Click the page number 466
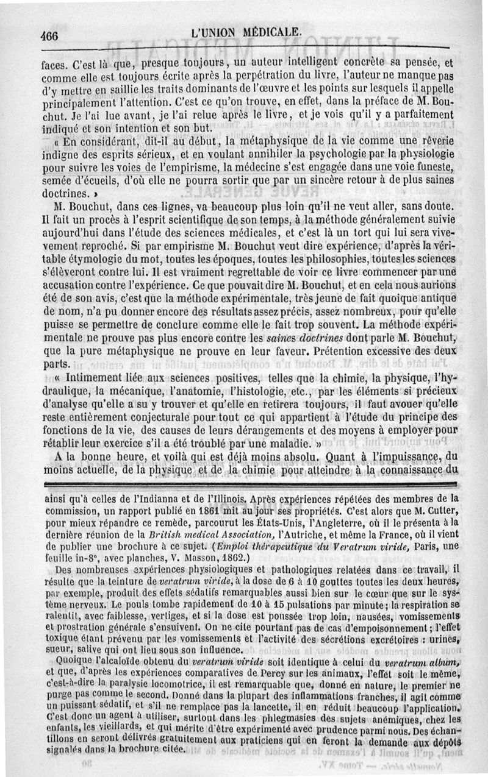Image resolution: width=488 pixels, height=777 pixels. point(49,35)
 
